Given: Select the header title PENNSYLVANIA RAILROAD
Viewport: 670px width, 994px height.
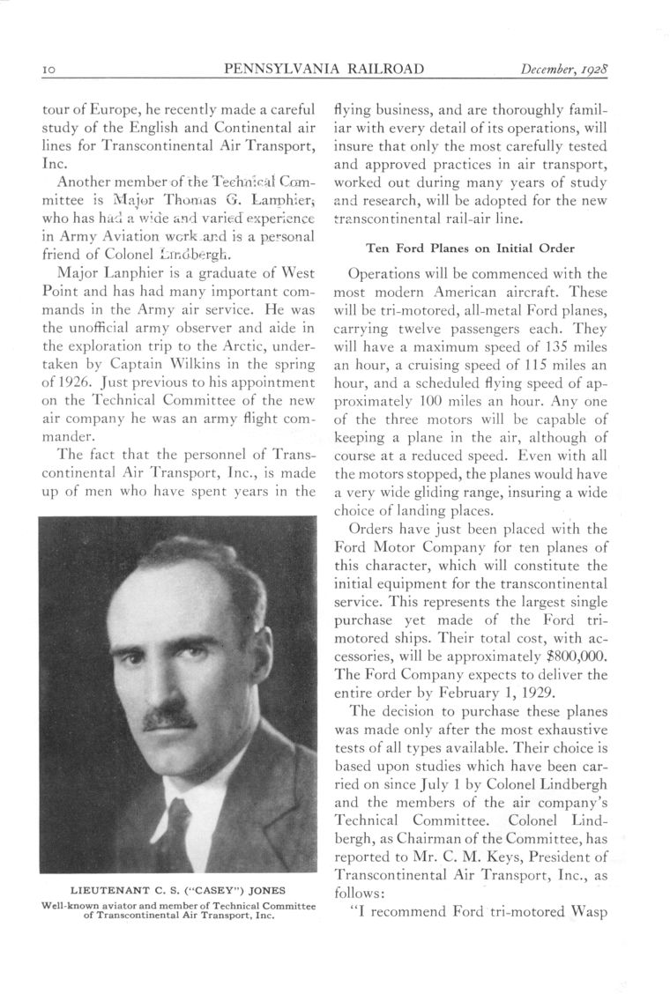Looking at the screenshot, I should pyautogui.click(x=324, y=69).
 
